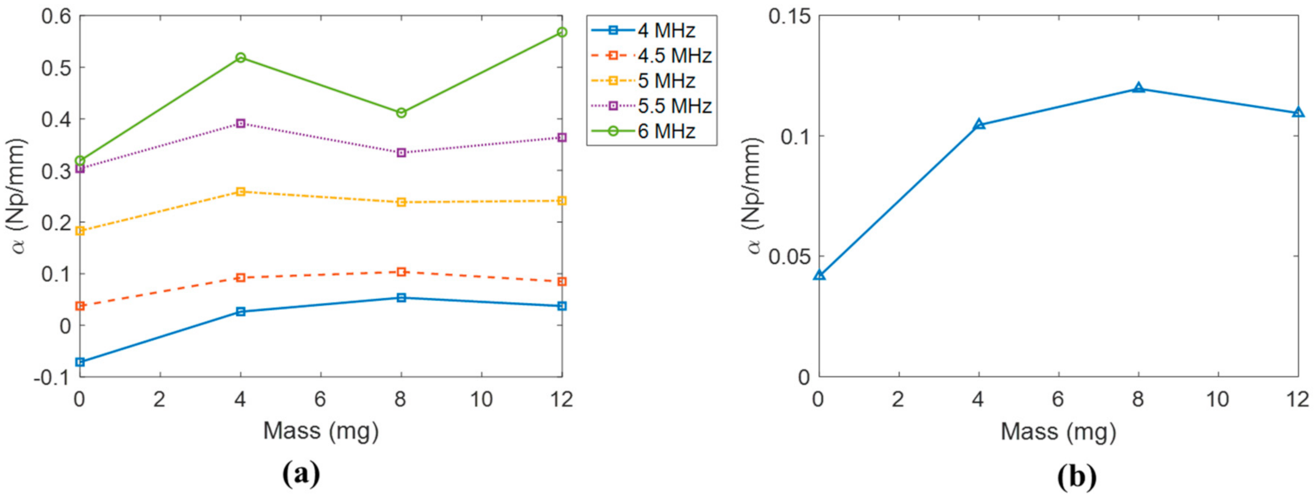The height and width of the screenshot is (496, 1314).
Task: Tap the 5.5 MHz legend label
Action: click(674, 106)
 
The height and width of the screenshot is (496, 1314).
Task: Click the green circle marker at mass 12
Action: click(562, 32)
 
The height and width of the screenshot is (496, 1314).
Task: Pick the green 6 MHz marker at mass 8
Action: click(401, 113)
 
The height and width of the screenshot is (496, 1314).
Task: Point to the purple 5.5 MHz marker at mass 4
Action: click(241, 123)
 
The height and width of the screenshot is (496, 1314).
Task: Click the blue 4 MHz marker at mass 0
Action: click(80, 362)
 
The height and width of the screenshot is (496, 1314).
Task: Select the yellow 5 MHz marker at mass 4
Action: click(241, 192)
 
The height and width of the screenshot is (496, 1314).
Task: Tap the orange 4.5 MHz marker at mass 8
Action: click(401, 271)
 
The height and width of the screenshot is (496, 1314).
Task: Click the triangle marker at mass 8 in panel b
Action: click(1138, 88)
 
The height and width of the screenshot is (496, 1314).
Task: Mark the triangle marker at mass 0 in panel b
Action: click(819, 275)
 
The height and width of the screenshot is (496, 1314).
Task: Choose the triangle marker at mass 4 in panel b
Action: click(979, 125)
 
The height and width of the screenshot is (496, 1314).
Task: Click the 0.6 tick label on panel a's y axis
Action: click(55, 16)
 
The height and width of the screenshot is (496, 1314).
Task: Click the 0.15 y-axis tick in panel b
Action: click(789, 16)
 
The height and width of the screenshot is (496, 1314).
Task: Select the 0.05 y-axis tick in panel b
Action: click(789, 256)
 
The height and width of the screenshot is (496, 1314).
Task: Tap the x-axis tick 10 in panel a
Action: click(481, 400)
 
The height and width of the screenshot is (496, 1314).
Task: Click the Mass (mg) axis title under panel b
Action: click(1058, 432)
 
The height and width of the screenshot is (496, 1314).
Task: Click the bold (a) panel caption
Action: click(301, 474)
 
